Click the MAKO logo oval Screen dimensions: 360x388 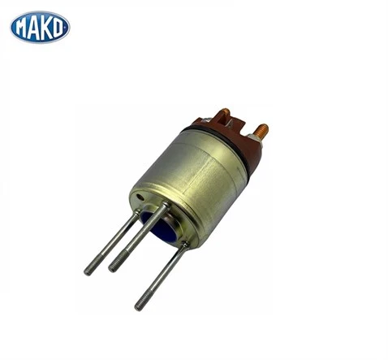pyautogui.click(x=40, y=26)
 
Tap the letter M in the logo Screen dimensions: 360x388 pyautogui.click(x=22, y=26)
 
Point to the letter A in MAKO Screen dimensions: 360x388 pyautogui.click(x=34, y=26)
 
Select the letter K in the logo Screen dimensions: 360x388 pyautogui.click(x=45, y=26)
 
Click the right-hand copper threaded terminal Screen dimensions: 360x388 pyautogui.click(x=261, y=130)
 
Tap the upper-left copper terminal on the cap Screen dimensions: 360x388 pyautogui.click(x=225, y=113)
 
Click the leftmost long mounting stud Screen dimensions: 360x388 pyautogui.click(x=110, y=244)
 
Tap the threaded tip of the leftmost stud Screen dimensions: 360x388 pyautogui.click(x=90, y=268)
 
